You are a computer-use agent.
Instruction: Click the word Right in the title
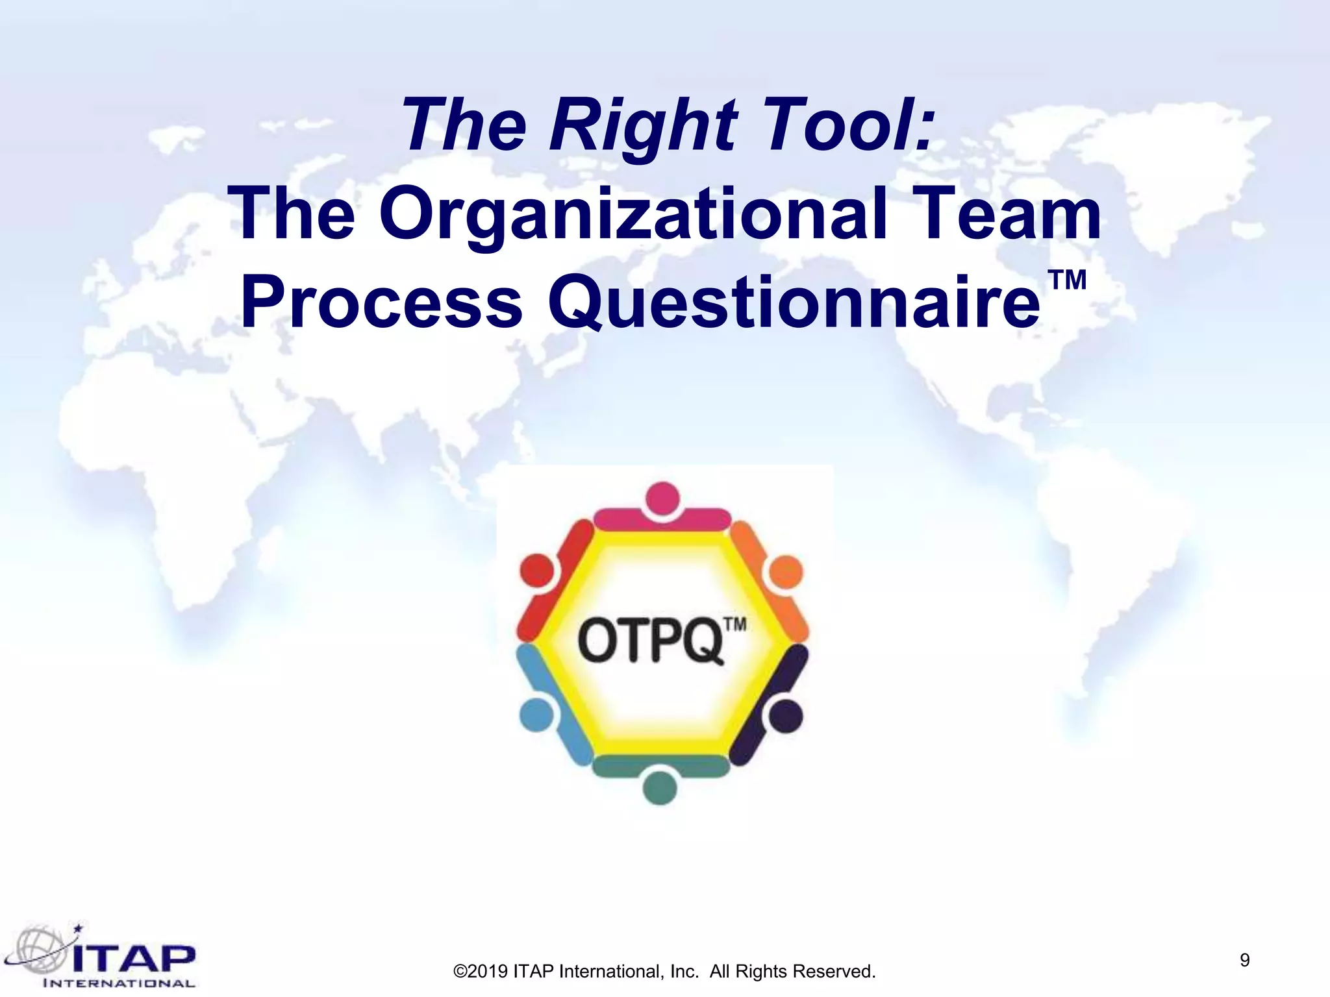(x=643, y=125)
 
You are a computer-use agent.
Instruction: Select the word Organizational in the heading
(x=633, y=214)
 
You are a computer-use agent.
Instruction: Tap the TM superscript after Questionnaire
(x=1067, y=280)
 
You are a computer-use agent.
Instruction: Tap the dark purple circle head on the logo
(x=786, y=716)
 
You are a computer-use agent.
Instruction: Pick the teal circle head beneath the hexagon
(x=660, y=788)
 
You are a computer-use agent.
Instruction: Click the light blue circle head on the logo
(x=536, y=715)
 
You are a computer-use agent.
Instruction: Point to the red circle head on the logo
(x=536, y=572)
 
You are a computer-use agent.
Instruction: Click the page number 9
(x=1244, y=960)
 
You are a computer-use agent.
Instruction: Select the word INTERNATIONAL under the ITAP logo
(x=119, y=983)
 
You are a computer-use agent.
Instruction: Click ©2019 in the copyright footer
(x=481, y=972)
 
